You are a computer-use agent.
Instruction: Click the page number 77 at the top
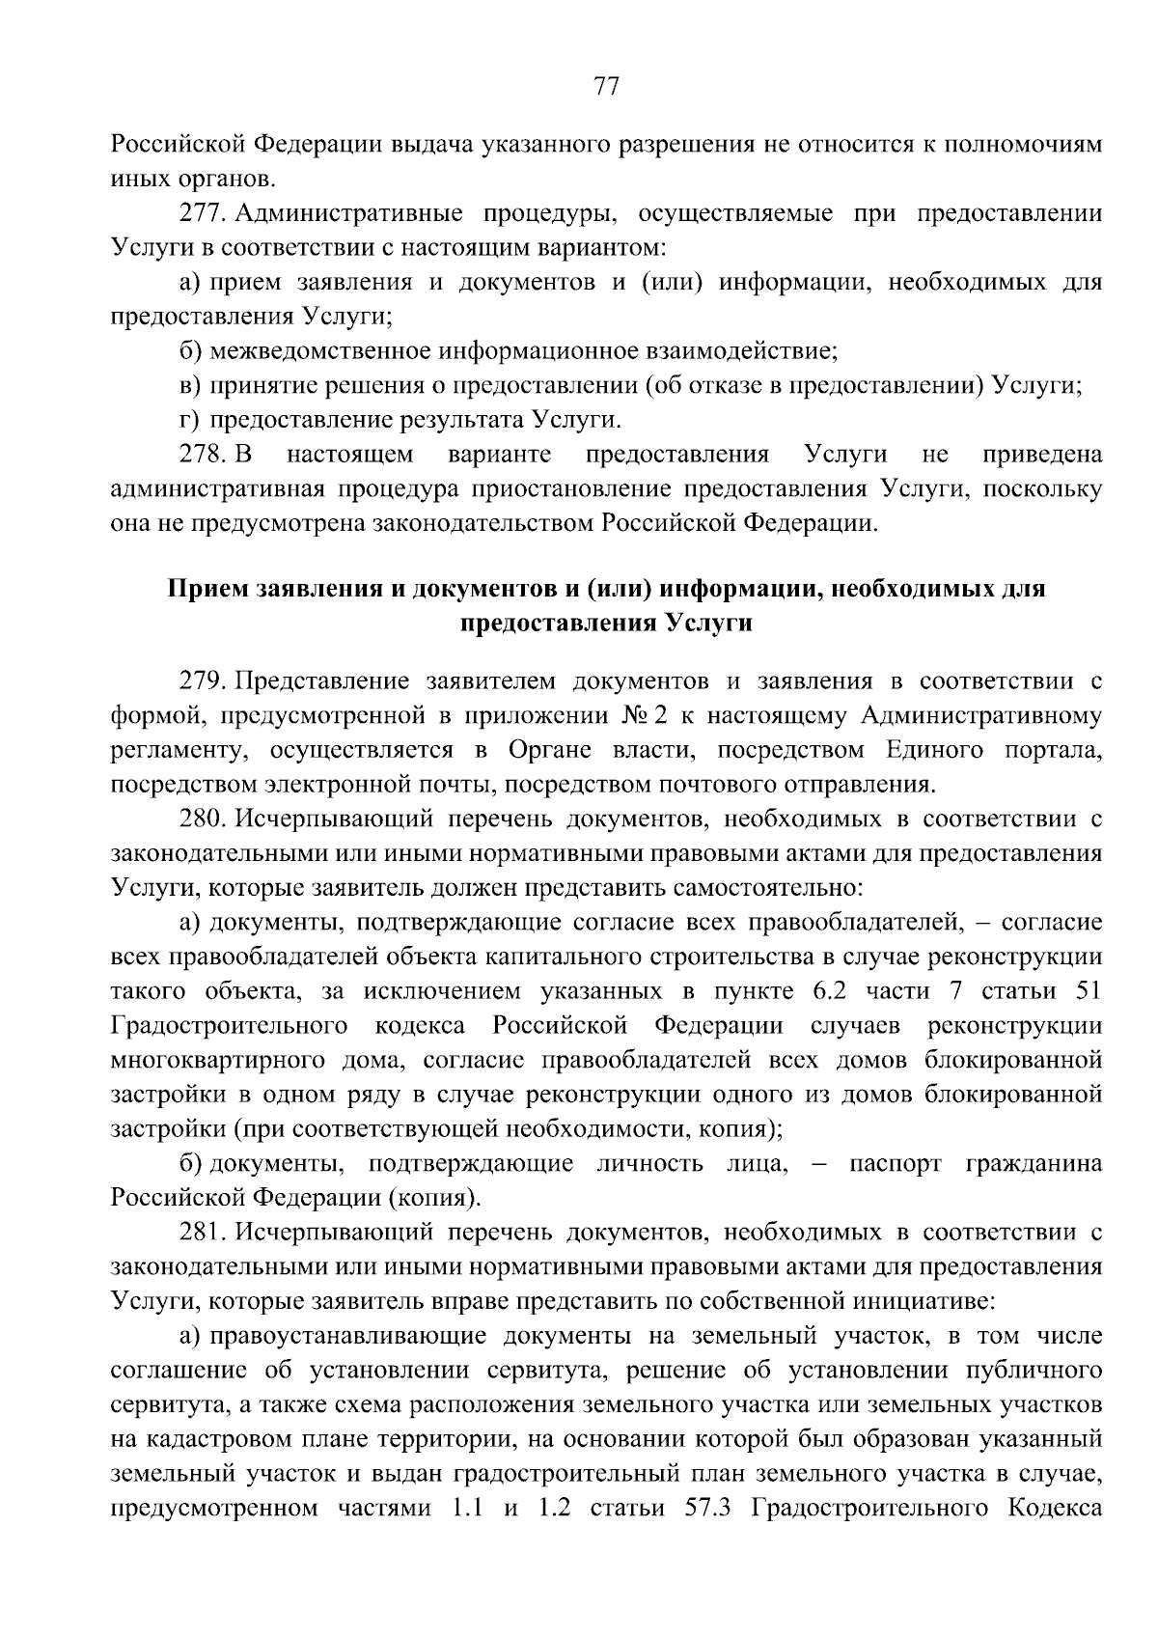click(x=605, y=87)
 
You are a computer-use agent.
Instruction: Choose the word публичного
click(x=1037, y=1371)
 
